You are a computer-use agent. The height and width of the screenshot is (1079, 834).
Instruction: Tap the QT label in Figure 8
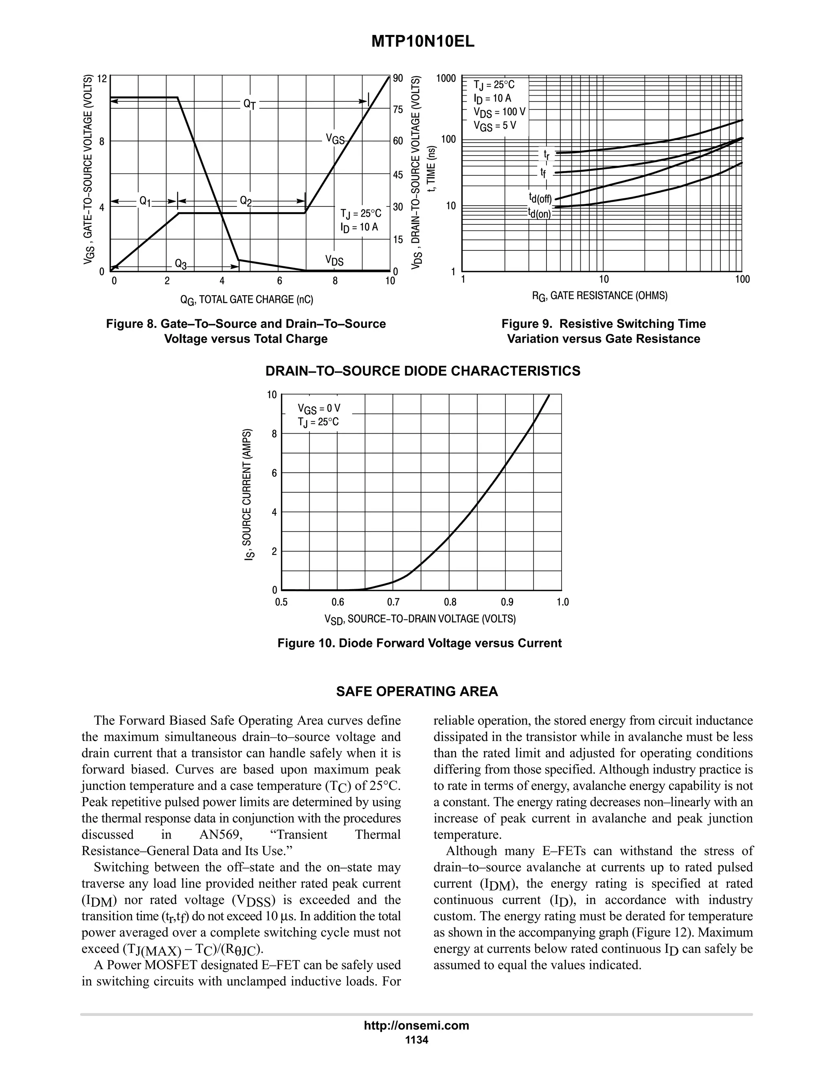pyautogui.click(x=250, y=104)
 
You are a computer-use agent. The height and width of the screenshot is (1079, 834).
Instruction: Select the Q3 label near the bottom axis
pyautogui.click(x=181, y=264)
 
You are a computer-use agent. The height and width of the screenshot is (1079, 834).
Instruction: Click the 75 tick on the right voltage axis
pyautogui.click(x=398, y=109)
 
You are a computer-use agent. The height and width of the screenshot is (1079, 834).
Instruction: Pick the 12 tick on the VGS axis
pyautogui.click(x=102, y=79)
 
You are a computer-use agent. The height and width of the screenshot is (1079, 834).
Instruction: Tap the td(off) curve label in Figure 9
pyautogui.click(x=540, y=199)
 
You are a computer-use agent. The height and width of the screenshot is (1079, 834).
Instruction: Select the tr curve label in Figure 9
pyautogui.click(x=546, y=154)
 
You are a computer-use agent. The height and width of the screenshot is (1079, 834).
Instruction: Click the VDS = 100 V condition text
pyautogui.click(x=499, y=112)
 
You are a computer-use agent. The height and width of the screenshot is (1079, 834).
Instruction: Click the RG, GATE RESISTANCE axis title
pyautogui.click(x=599, y=296)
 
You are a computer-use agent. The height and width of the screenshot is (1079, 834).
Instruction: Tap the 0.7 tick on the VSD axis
pyautogui.click(x=393, y=602)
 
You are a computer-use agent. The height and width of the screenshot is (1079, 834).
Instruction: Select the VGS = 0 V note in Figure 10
pyautogui.click(x=319, y=408)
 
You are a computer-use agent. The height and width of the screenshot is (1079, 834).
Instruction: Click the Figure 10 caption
pyautogui.click(x=419, y=643)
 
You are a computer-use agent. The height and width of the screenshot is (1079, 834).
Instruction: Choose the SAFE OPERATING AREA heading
pyautogui.click(x=417, y=692)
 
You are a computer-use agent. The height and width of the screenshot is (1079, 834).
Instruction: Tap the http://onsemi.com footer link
pyautogui.click(x=417, y=1025)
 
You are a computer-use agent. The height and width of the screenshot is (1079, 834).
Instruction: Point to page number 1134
pyautogui.click(x=417, y=1040)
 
